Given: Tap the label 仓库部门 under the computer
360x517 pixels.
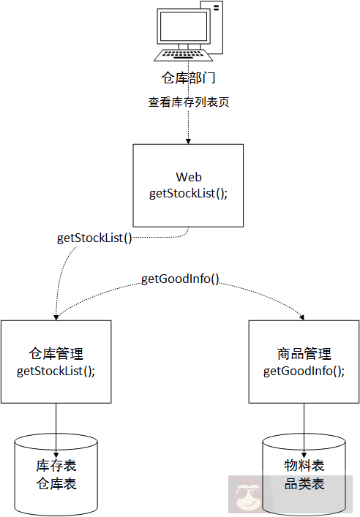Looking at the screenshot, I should click(x=188, y=78).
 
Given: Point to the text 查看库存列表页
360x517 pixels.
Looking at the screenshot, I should click(x=189, y=102).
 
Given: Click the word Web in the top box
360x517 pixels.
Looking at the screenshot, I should click(x=188, y=178).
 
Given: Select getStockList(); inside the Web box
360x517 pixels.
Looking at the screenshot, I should click(x=188, y=193).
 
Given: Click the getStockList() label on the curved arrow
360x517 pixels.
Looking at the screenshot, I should click(x=94, y=238).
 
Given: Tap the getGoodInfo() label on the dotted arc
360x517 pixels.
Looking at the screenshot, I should click(x=180, y=279).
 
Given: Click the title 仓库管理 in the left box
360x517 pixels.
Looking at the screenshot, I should click(x=56, y=355).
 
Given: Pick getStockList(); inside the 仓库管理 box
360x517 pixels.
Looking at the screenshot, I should click(x=56, y=371).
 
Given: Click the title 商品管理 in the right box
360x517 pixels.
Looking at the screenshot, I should click(x=304, y=355).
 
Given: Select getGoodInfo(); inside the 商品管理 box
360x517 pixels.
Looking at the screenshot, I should click(x=304, y=371).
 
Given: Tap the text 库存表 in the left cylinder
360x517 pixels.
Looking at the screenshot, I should click(x=56, y=467).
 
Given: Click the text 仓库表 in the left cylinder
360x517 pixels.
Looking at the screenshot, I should click(x=56, y=484).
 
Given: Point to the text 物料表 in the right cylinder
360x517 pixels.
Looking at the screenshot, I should click(x=304, y=467).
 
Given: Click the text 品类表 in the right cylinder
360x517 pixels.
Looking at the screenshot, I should click(x=304, y=484).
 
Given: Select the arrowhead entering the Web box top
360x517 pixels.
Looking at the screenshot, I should click(x=188, y=140).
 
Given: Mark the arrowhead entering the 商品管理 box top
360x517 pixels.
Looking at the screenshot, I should click(x=303, y=317).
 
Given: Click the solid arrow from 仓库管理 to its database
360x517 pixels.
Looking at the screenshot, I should click(x=56, y=428).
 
